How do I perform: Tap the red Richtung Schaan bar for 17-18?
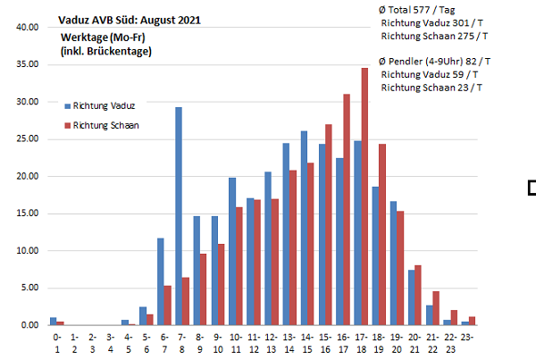pyautogui.click(x=364, y=197)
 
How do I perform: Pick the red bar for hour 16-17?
pyautogui.click(x=347, y=209)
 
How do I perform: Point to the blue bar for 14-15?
pyautogui.click(x=304, y=228)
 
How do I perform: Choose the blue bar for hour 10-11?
pyautogui.click(x=232, y=251)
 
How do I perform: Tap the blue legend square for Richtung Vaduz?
pyautogui.click(x=66, y=105)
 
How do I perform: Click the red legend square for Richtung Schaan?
pyautogui.click(x=66, y=125)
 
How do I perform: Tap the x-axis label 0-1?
pyautogui.click(x=58, y=343)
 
